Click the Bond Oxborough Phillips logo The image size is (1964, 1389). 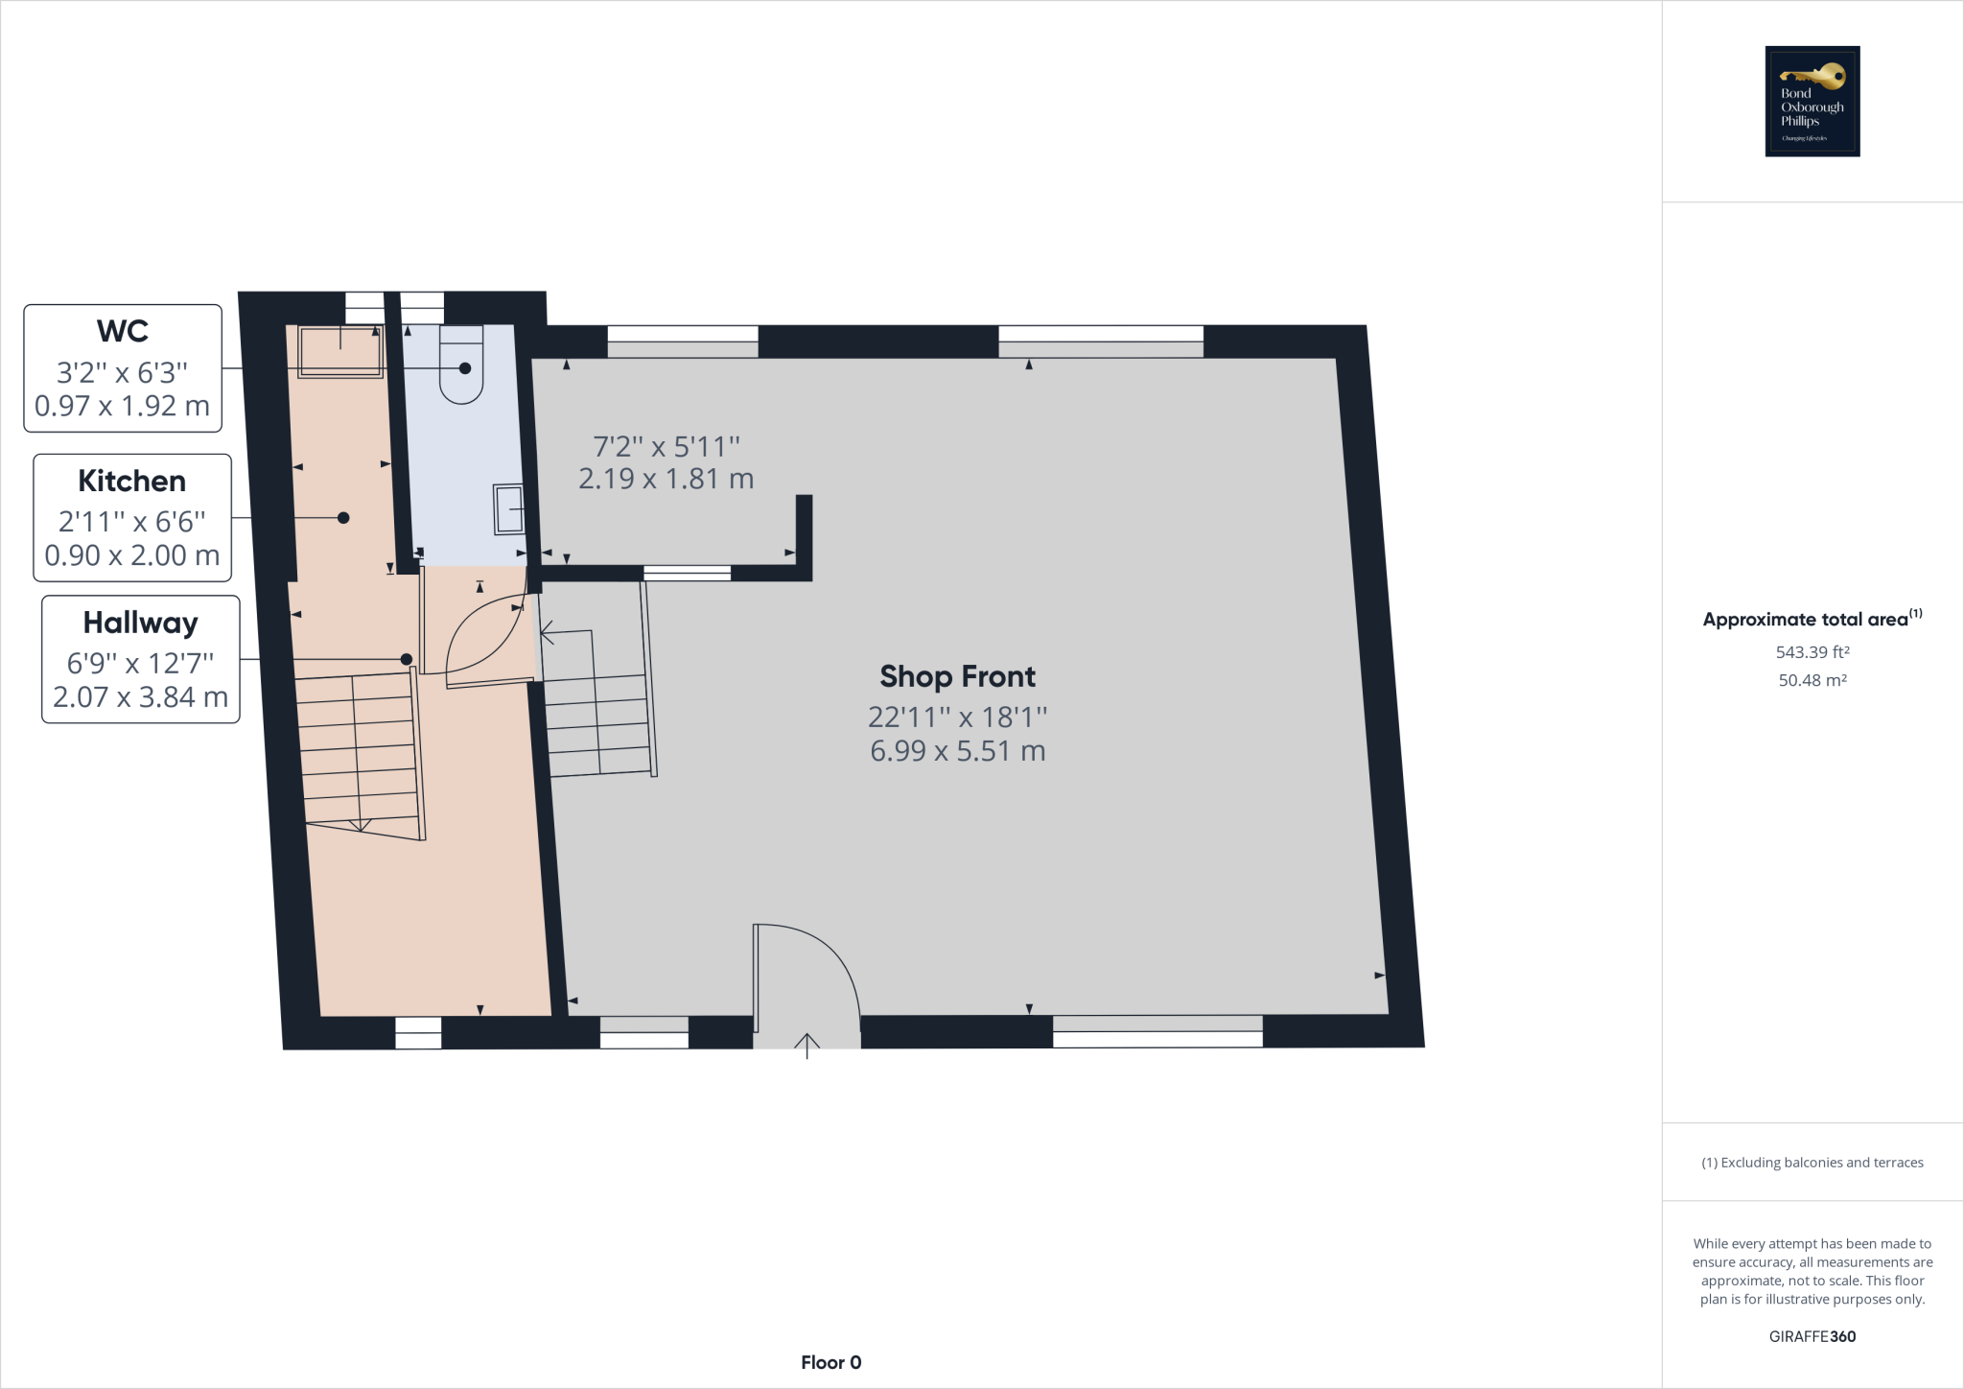(1812, 101)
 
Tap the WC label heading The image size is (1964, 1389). (123, 331)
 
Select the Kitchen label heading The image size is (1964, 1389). (132, 481)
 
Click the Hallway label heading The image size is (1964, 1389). (140, 623)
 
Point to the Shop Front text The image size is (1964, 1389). (957, 676)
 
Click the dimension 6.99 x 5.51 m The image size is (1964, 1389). (957, 750)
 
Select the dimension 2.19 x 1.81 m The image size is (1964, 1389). (666, 479)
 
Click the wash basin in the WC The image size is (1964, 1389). (508, 508)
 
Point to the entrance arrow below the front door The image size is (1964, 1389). (807, 1045)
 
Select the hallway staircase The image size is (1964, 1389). (360, 753)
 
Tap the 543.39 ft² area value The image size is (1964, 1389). (1812, 652)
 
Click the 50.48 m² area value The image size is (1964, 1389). (1812, 680)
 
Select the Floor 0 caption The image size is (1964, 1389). (830, 1362)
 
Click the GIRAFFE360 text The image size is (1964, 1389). (1812, 1336)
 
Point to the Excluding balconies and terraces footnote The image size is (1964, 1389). (1812, 1163)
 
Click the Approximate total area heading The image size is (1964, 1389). (1805, 620)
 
